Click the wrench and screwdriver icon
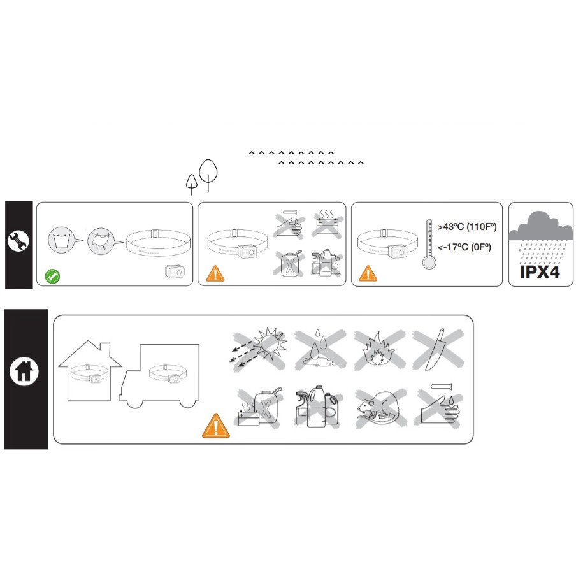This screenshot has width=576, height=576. tap(18, 241)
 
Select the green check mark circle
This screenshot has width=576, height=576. tap(53, 277)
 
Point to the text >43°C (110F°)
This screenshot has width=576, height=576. tap(467, 227)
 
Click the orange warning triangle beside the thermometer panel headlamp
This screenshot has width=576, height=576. tap(368, 274)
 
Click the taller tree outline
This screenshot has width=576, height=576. tap(208, 174)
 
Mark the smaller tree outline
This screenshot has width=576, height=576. tap(191, 184)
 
